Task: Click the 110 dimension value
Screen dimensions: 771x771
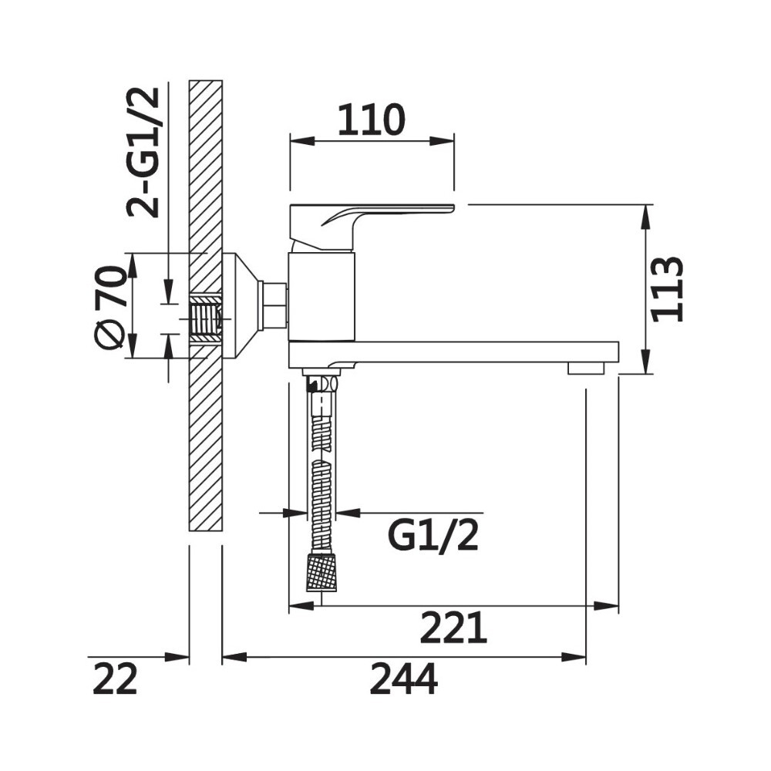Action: [x=372, y=120]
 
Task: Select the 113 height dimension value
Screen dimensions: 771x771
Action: [x=667, y=289]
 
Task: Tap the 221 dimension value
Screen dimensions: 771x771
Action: [x=453, y=628]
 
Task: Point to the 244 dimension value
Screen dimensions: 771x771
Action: [x=403, y=679]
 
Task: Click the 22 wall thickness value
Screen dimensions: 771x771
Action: [x=115, y=679]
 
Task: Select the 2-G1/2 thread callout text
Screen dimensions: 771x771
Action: [x=143, y=153]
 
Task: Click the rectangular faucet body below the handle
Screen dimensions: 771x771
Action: [x=321, y=297]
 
